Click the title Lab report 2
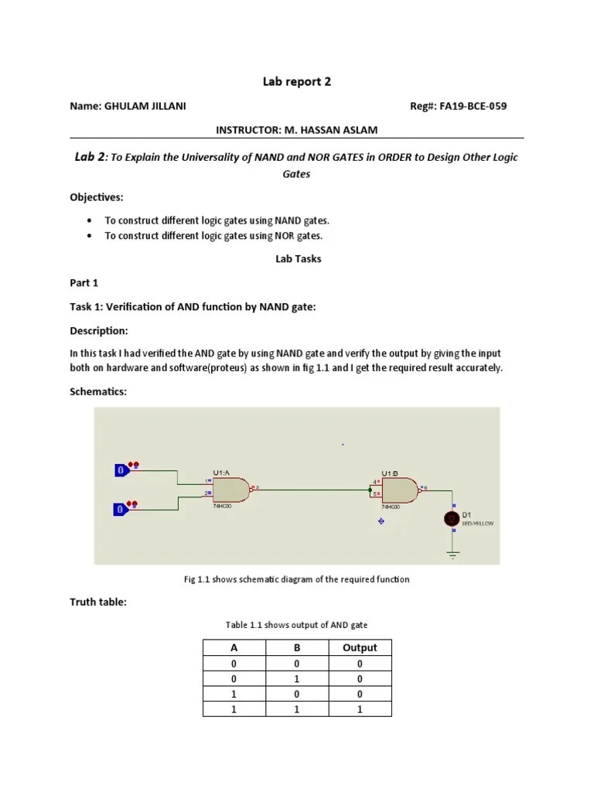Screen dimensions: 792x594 (296, 81)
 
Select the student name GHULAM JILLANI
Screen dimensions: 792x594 (144, 106)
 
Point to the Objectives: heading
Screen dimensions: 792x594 (97, 197)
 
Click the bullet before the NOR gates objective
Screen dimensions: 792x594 (91, 236)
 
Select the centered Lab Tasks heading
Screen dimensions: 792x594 (298, 259)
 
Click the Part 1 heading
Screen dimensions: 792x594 (84, 283)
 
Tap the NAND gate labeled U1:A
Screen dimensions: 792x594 (230, 489)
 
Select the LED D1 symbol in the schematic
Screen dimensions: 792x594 (452, 519)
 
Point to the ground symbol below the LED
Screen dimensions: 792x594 (452, 552)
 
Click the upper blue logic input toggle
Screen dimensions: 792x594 (121, 469)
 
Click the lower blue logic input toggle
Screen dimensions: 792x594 (121, 509)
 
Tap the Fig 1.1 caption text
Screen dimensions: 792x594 (297, 579)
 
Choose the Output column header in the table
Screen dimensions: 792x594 (360, 647)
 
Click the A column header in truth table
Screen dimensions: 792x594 (234, 647)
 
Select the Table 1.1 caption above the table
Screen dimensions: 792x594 (297, 625)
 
